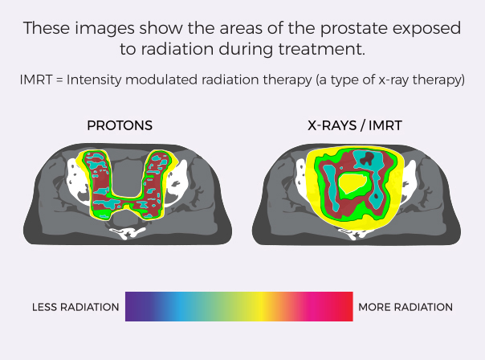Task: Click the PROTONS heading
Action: [x=120, y=125]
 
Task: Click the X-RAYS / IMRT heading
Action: [x=355, y=125]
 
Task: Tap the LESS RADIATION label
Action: [x=75, y=307]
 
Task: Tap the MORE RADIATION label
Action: [x=406, y=307]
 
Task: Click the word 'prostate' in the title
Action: [x=354, y=28]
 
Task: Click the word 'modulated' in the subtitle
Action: [x=161, y=80]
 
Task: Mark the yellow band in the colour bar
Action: [x=263, y=306]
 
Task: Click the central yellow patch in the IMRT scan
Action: [x=353, y=185]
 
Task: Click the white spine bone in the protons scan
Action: [x=128, y=232]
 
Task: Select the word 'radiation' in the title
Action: [x=177, y=49]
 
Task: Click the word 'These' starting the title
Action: [x=47, y=28]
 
